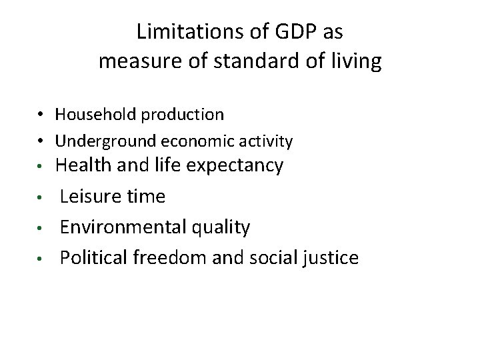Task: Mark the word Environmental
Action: [117, 227]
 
